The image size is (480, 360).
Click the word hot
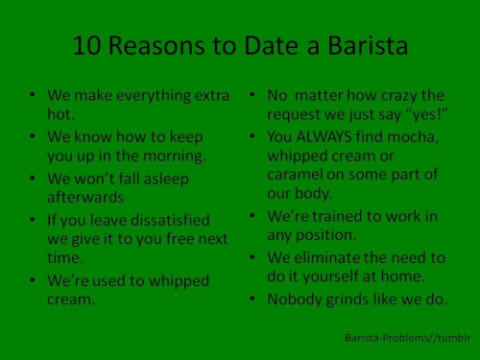(60, 114)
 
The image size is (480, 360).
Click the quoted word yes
(428, 116)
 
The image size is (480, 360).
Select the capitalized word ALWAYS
(333, 137)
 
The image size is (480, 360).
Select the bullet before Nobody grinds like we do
(251, 299)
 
